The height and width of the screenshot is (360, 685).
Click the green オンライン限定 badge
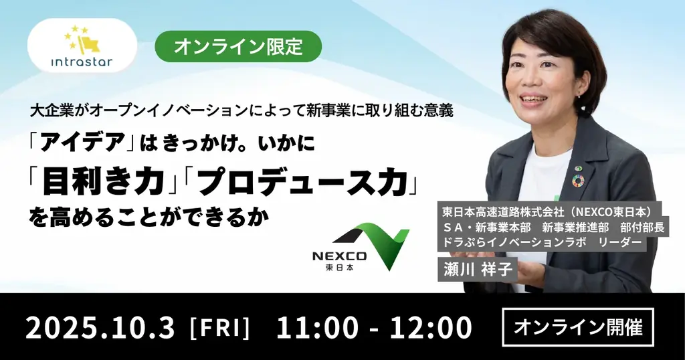tap(238, 46)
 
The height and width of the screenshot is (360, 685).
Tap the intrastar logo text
tap(82, 61)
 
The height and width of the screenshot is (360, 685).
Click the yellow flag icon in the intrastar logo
tap(90, 43)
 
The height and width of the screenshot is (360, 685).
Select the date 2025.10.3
tap(100, 328)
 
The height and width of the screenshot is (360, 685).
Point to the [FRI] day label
tap(219, 329)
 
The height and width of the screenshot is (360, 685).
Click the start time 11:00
tap(318, 328)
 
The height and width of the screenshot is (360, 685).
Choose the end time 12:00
tap(431, 328)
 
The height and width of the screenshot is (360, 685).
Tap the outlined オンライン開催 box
tap(578, 327)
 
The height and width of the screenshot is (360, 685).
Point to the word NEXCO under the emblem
tap(339, 256)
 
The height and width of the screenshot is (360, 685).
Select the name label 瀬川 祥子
tap(478, 269)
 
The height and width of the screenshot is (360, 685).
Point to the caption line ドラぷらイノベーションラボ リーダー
tap(542, 242)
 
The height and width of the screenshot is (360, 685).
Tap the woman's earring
tap(579, 94)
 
